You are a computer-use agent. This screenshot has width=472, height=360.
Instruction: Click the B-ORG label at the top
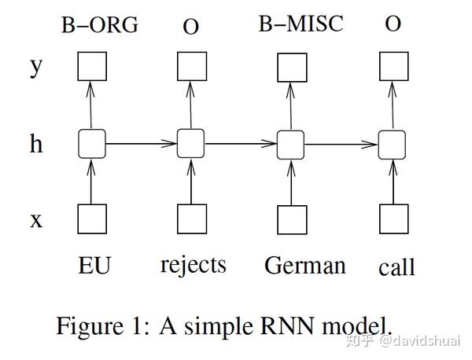coord(99,24)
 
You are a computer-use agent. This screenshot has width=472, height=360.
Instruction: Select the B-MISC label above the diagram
coord(301,24)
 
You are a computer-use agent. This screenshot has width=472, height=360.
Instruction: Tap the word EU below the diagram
coord(94,266)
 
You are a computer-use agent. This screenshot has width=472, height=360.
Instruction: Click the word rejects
coord(193,265)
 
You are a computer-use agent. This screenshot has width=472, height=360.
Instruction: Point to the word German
coord(304,266)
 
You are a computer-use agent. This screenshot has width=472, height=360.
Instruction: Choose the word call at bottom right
coord(396,267)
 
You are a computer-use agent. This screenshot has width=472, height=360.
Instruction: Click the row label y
coord(35,66)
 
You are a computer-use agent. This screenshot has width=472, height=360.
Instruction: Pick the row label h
coord(36,144)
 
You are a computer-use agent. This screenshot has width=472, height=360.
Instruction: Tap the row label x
coord(35,219)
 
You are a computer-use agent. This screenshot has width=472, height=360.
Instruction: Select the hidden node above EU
coord(93,144)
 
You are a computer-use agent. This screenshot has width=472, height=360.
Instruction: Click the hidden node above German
coord(290,145)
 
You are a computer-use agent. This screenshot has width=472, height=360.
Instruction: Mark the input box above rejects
coord(191,219)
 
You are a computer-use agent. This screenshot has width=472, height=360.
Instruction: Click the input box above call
coord(393,219)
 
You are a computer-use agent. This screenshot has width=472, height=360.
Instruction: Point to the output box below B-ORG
coord(93,68)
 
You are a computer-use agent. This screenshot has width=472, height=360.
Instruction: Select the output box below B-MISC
coord(290,68)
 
